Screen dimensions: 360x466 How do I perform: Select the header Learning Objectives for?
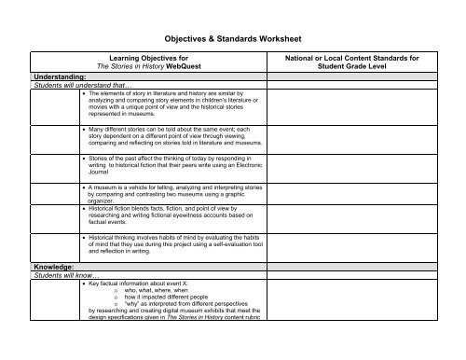point(149,57)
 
